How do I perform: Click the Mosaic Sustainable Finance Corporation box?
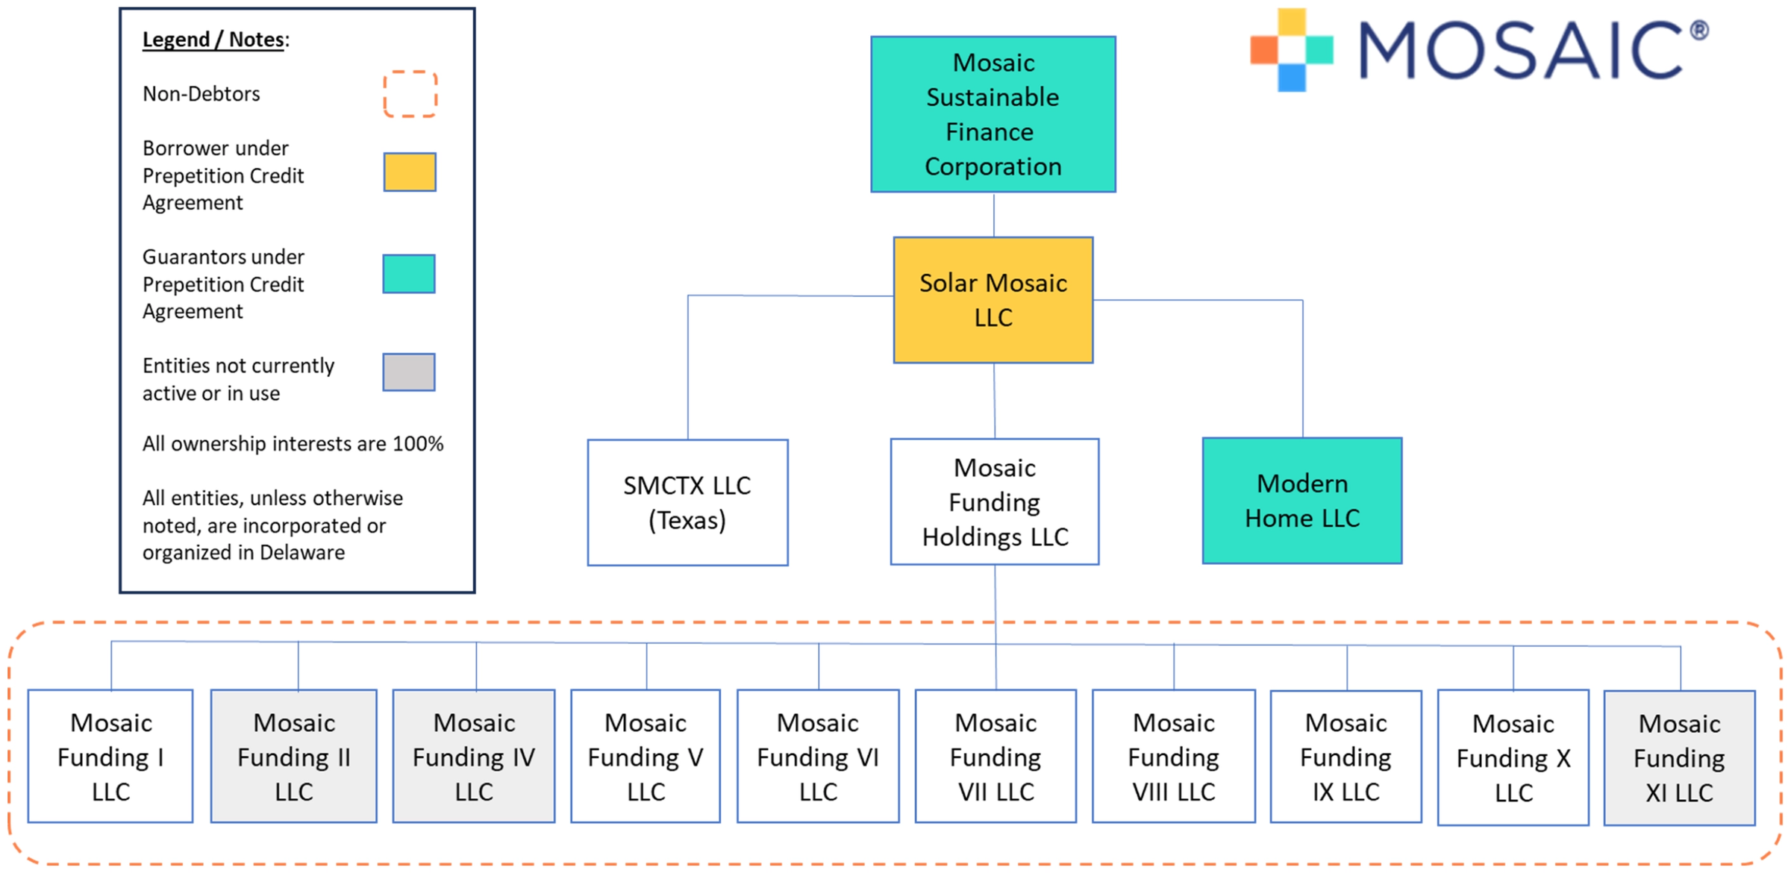coord(993,114)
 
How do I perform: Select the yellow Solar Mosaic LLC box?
coord(993,300)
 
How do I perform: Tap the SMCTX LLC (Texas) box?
coord(687,502)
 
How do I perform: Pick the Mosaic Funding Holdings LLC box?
coord(995,501)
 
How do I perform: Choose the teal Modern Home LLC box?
coord(1302,501)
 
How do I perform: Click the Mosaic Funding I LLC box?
coord(110,756)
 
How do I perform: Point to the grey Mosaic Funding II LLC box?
coord(294,756)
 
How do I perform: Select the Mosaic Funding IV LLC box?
coord(474,756)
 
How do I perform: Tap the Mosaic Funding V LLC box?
coord(646,756)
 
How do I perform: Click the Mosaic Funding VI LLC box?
coord(818,756)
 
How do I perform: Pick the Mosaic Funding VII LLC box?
coord(995,756)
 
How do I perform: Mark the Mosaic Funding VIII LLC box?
coord(1174,756)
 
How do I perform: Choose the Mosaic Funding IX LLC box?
coord(1346,757)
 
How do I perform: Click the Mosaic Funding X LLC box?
coord(1513,757)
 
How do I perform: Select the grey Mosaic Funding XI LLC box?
coord(1680,757)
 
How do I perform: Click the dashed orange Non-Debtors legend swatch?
coord(410,94)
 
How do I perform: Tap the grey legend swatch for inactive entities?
coord(409,372)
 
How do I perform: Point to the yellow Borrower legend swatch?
coord(410,172)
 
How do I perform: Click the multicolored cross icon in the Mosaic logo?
coord(1292,50)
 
